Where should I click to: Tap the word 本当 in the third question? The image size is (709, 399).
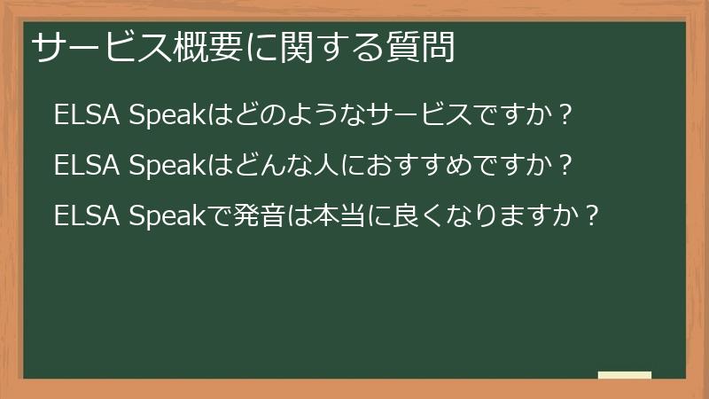point(338,215)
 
